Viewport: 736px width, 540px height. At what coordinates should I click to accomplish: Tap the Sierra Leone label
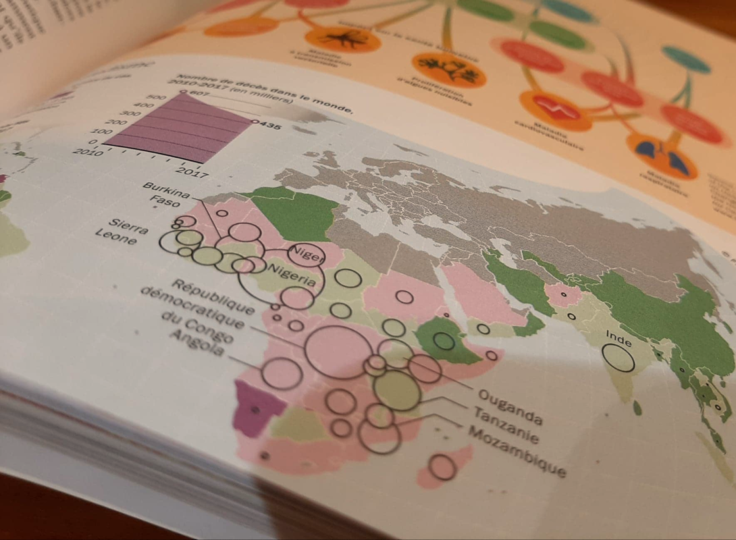click(122, 231)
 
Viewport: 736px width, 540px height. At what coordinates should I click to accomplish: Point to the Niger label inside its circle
click(305, 254)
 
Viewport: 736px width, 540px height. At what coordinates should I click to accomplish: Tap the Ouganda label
click(510, 403)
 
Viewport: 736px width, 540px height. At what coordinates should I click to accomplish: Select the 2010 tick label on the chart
click(88, 149)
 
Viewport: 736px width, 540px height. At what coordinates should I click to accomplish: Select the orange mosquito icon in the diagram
click(342, 38)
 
